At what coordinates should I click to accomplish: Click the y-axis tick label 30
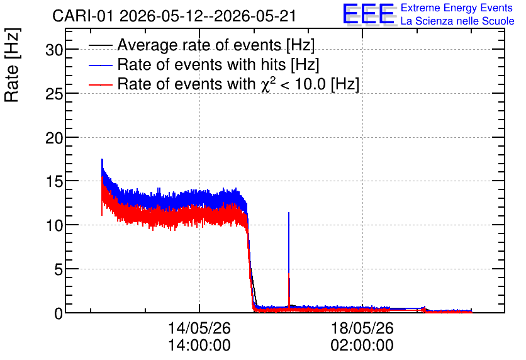coord(54,50)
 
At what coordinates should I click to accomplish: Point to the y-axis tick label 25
coord(54,94)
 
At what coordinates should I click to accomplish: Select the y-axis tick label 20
coord(54,138)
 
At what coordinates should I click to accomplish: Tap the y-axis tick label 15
coord(54,182)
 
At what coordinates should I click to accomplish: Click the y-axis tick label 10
coord(54,226)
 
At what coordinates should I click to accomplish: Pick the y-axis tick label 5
coord(59,270)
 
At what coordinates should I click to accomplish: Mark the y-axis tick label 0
coord(59,314)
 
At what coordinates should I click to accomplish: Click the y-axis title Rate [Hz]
coord(12,65)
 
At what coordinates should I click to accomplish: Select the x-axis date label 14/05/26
coord(199,328)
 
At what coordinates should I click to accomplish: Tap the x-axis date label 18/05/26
coord(362,328)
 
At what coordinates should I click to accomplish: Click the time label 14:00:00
coord(199,346)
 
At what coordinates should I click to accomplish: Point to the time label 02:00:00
coord(362,346)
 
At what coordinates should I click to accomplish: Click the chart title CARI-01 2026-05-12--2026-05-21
coord(174,16)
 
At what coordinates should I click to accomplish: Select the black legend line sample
coord(100,45)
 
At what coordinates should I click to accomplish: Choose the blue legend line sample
coord(100,65)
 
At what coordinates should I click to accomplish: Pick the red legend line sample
coord(100,84)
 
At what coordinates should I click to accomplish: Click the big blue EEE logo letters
coord(369,14)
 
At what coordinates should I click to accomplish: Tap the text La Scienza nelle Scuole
coord(457,21)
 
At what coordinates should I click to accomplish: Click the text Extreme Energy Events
coord(457,8)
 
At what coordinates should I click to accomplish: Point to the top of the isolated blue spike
coord(289,213)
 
